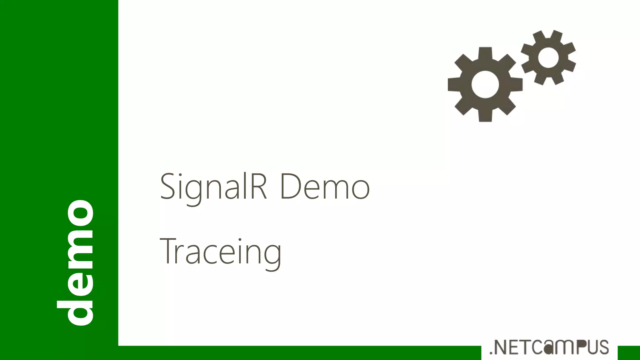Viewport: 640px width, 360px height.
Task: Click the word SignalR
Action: [214, 187]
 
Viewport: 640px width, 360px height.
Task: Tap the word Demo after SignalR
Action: [325, 187]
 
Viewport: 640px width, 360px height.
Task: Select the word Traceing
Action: [221, 252]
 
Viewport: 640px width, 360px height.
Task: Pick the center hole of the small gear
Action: [548, 57]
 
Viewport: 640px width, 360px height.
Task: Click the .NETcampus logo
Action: [549, 347]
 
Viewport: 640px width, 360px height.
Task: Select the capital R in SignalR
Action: [258, 187]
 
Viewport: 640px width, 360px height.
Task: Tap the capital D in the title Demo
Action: [290, 187]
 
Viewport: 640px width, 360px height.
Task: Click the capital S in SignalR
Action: [167, 187]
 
